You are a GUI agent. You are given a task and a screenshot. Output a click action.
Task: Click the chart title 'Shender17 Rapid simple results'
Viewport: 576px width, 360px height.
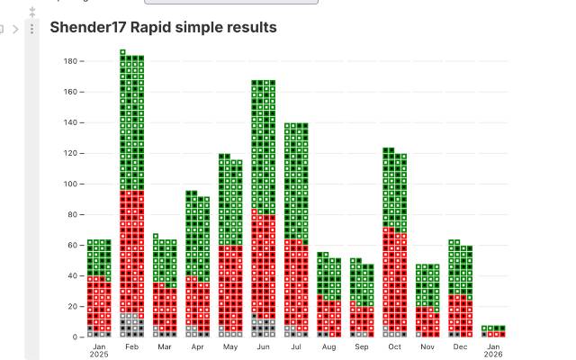coord(163,27)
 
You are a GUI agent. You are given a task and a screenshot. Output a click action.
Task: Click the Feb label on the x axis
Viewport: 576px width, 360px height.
coord(131,346)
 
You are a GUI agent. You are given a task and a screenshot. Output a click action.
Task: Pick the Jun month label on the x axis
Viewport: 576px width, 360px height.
coord(263,346)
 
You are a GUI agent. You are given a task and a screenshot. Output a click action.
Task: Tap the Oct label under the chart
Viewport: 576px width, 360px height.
coord(394,346)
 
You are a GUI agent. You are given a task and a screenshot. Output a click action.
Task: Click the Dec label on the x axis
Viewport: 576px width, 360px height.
coord(460,346)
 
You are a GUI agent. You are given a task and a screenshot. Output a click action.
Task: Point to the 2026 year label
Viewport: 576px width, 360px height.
coord(493,355)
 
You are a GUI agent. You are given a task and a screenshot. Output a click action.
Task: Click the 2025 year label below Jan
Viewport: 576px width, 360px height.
coord(99,355)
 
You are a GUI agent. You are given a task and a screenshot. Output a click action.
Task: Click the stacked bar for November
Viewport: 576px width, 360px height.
coord(427,301)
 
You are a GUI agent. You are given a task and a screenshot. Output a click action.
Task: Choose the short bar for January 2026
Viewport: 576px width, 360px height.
coord(493,331)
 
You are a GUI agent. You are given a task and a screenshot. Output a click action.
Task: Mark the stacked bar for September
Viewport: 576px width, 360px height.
coord(362,298)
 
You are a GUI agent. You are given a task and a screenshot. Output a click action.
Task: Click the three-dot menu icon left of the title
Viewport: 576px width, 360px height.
coord(32,29)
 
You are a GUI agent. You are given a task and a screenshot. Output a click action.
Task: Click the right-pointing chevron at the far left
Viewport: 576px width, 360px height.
coord(15,29)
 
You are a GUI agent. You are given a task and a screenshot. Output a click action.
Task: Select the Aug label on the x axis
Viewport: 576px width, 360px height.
coord(328,346)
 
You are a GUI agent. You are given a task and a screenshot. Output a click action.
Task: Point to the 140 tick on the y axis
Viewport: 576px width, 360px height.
coord(70,122)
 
